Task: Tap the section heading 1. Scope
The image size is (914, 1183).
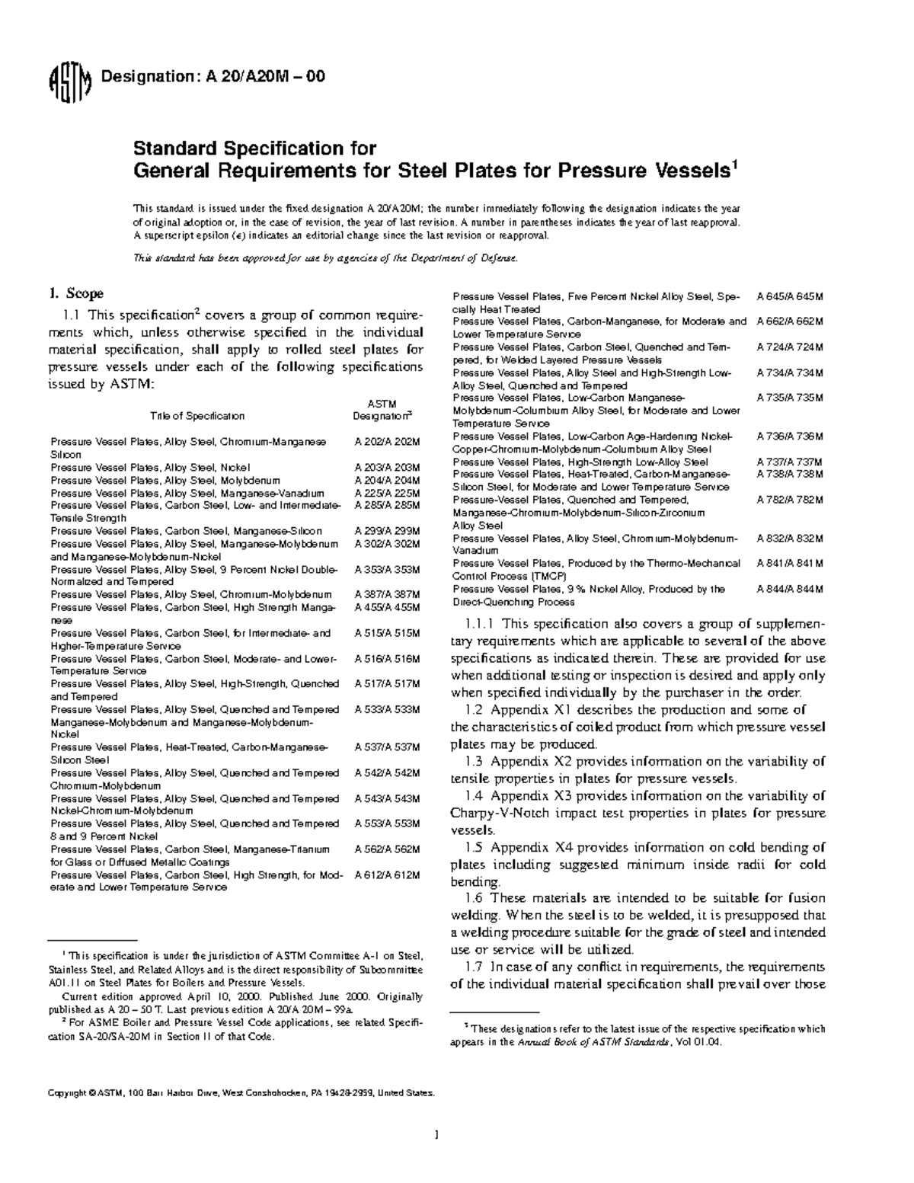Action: (x=76, y=293)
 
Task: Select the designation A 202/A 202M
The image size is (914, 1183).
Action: (x=387, y=442)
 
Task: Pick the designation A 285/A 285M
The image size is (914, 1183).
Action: (x=387, y=505)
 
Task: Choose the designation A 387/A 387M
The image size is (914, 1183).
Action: (x=387, y=594)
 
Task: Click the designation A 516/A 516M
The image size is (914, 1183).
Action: (x=387, y=658)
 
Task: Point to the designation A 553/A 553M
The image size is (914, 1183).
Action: (x=387, y=823)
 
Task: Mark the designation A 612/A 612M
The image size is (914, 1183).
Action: (x=387, y=874)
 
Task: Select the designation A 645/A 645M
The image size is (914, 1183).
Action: (x=790, y=296)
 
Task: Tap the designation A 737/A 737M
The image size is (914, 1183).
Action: (x=790, y=462)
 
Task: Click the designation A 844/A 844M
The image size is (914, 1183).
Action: (x=790, y=589)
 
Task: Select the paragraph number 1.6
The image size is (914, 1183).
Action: (x=474, y=898)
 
